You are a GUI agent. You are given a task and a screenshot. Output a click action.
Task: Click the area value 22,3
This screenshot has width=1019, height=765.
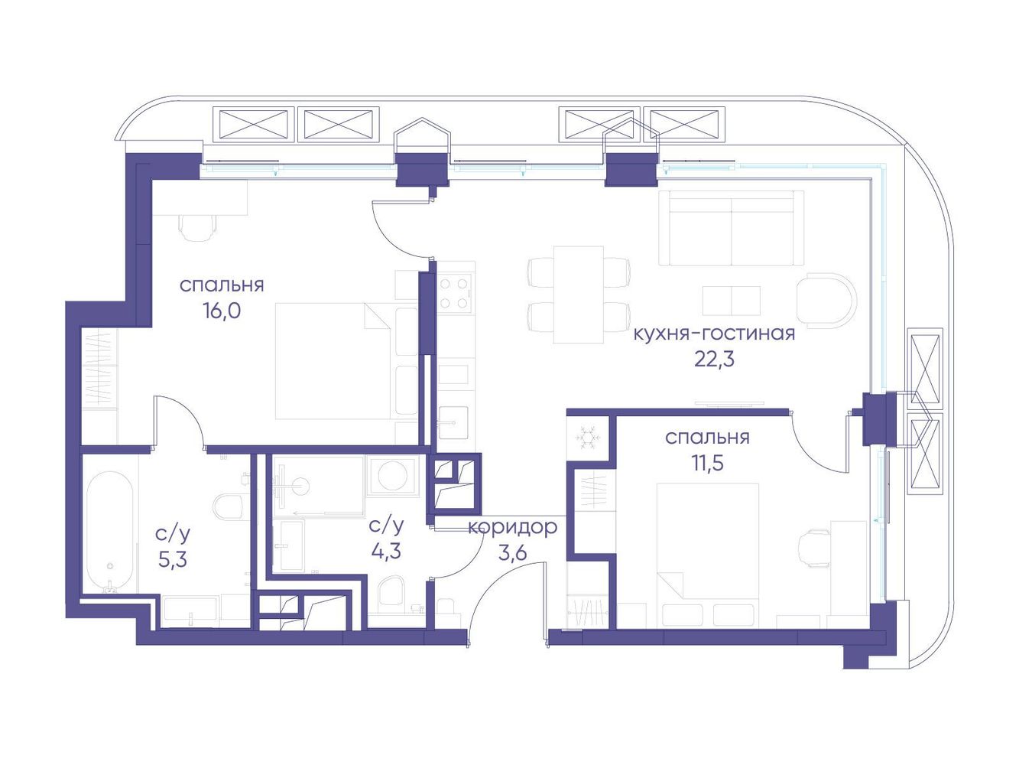(714, 360)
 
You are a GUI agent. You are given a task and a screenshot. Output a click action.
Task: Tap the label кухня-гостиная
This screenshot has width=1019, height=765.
(714, 333)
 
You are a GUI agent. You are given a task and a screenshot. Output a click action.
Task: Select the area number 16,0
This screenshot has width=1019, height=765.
(222, 311)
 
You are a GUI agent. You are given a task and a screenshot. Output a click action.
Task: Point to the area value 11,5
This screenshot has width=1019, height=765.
(706, 463)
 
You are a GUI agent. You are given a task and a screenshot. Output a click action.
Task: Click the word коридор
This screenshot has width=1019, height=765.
(512, 528)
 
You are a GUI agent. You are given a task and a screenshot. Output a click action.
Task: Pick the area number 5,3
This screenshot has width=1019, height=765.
(172, 560)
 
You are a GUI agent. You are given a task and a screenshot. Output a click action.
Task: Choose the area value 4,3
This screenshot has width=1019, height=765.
(386, 552)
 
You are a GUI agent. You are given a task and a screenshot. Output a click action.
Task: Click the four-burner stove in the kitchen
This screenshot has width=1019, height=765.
(454, 293)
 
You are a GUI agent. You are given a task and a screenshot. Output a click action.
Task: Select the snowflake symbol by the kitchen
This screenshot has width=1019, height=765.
(588, 438)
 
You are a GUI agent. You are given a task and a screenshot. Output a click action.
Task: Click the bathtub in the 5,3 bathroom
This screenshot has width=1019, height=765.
(110, 532)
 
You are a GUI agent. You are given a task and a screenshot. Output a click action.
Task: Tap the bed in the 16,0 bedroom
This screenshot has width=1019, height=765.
(346, 361)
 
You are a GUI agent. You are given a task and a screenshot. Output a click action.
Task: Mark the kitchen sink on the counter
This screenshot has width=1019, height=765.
(454, 422)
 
